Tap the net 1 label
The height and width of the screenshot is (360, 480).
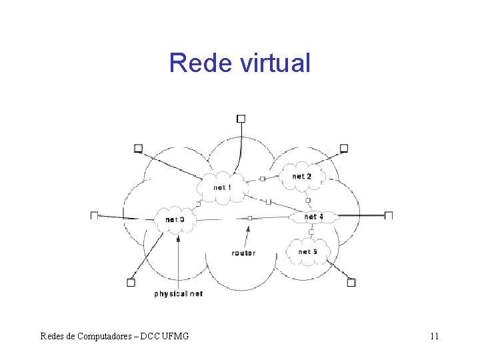pos(223,187)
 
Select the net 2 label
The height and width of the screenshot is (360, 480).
pos(302,176)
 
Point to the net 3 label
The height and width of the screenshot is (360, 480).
pos(175,219)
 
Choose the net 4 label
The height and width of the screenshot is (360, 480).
pos(313,217)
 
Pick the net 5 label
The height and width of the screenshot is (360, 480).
pos(307,252)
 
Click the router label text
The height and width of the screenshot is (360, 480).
pos(243,253)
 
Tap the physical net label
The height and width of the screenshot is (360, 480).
pos(179,293)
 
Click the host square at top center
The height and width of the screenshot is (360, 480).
pos(241,119)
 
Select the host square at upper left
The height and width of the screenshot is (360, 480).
pos(138,148)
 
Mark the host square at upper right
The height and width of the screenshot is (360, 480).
pos(344,148)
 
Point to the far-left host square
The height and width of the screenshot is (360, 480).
pos(95,215)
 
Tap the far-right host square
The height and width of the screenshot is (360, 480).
pos(389,215)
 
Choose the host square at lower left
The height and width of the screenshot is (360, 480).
pos(131,283)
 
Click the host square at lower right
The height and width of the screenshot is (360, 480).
pos(351,283)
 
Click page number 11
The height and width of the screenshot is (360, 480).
pos(434,336)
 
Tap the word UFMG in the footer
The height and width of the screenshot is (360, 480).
pos(174,336)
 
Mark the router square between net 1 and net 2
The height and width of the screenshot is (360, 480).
pos(262,179)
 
